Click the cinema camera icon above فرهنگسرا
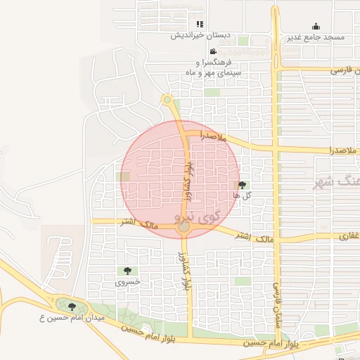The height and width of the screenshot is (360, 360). coord(213,51)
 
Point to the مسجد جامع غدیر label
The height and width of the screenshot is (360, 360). coord(316,37)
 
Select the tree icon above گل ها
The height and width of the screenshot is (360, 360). coord(243,185)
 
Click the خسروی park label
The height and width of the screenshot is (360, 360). coord(129,281)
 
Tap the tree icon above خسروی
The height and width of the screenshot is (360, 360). coord(127,271)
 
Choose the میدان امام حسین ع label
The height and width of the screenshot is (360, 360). coord(71,319)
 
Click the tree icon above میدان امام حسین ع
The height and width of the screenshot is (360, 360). coord(71,307)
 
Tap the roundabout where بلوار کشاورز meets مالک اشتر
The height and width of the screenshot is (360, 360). coord(184,227)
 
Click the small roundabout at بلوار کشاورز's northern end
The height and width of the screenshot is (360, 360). coord(167,100)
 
